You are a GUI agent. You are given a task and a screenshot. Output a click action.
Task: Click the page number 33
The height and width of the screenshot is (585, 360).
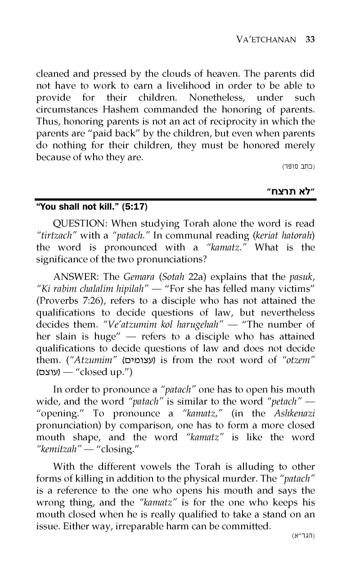pyautogui.click(x=309, y=39)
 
